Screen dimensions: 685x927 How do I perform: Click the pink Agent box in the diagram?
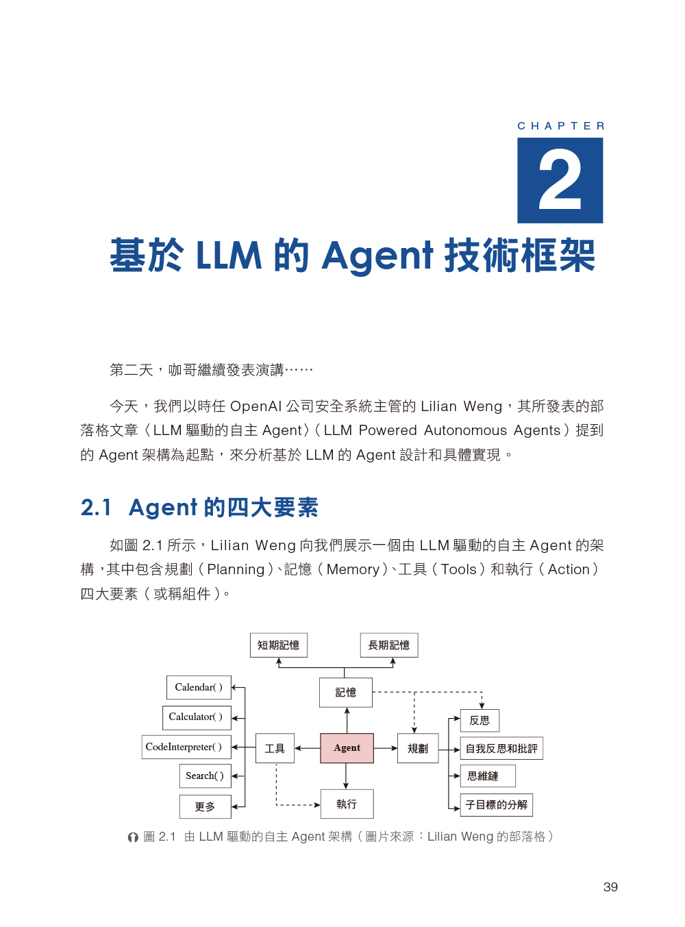[347, 747]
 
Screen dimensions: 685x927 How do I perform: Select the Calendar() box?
[199, 687]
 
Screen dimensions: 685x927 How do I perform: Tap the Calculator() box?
[197, 717]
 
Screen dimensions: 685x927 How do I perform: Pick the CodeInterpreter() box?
[186, 747]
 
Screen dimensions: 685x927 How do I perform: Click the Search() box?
[206, 776]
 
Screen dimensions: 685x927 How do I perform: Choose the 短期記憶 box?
[278, 645]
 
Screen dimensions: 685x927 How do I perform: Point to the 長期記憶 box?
[388, 645]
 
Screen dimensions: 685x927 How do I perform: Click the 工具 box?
[275, 747]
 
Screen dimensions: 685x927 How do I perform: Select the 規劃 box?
[418, 747]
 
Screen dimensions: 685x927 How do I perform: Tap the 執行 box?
[347, 803]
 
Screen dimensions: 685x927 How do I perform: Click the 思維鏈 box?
[487, 776]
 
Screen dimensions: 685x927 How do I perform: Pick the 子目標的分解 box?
[496, 804]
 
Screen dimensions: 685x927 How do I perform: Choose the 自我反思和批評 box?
[501, 748]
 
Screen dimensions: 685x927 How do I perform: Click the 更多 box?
[206, 806]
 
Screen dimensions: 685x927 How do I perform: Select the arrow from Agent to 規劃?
[386, 747]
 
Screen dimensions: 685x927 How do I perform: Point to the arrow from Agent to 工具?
[307, 747]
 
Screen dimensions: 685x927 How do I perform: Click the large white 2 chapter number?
[560, 181]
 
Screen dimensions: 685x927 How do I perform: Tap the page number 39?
[610, 887]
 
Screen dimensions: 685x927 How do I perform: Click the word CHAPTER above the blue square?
[560, 126]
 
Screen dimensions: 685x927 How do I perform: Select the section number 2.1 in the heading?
[96, 508]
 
